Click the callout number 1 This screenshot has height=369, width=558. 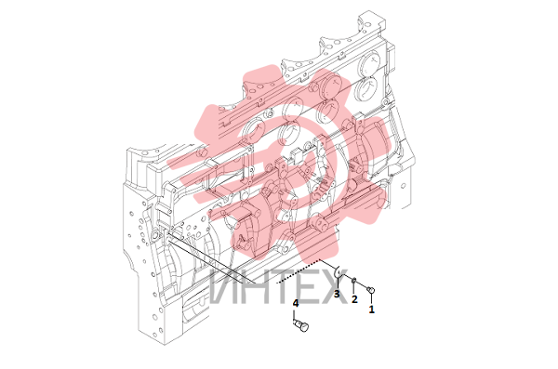point(371,310)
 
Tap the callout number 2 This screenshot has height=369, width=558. point(354,299)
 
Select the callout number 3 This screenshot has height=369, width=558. point(337,294)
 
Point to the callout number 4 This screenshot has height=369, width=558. point(296,304)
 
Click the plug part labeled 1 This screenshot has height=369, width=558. point(371,289)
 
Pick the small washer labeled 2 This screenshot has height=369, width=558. point(354,282)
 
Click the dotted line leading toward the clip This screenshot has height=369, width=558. point(299,271)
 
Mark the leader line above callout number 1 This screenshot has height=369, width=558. point(371,298)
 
